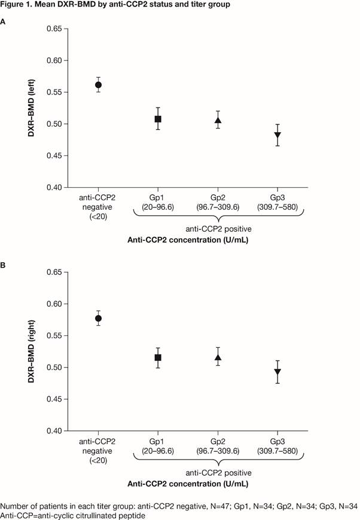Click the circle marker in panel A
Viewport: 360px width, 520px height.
coord(98,85)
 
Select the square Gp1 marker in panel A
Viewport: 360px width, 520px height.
coord(158,119)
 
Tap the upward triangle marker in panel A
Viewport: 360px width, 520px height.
coord(218,120)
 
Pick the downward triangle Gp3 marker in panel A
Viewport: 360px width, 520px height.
coord(277,136)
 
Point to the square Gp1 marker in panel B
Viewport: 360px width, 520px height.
coord(158,357)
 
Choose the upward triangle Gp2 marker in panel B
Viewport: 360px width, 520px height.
coord(218,357)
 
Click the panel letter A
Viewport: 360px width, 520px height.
coord(4,22)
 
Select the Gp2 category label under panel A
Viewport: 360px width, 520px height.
coord(218,200)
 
